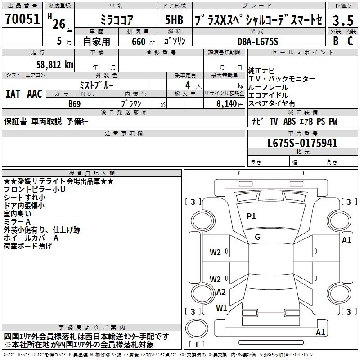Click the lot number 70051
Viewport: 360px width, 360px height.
click(22, 19)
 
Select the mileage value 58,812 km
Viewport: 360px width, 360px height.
click(52, 64)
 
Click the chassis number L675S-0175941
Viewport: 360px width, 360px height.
click(302, 144)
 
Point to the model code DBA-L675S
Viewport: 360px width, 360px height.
click(258, 41)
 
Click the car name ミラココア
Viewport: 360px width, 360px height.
click(116, 20)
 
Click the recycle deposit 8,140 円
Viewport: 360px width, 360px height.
click(226, 103)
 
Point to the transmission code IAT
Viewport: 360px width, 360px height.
click(13, 94)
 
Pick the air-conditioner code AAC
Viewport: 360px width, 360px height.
click(35, 94)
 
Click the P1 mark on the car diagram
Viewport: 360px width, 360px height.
click(251, 216)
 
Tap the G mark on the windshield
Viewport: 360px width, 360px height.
click(257, 237)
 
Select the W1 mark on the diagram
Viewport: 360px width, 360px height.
click(221, 308)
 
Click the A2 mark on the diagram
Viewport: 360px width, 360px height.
click(221, 292)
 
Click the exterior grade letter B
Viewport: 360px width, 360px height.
click(335, 41)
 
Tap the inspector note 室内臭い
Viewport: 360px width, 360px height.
click(18, 214)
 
